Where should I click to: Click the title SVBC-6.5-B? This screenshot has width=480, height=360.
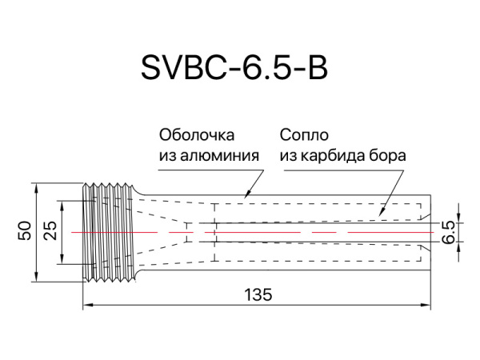pyautogui.click(x=234, y=69)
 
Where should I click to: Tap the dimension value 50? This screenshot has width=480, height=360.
pyautogui.click(x=26, y=232)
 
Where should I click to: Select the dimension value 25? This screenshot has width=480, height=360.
pyautogui.click(x=50, y=232)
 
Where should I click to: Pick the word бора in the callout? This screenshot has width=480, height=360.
pyautogui.click(x=390, y=155)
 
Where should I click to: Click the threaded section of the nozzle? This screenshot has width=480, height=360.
pyautogui.click(x=107, y=232)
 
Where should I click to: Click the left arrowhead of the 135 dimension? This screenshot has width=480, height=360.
pyautogui.click(x=87, y=304)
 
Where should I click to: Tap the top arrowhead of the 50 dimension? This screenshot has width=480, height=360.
pyautogui.click(x=37, y=188)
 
